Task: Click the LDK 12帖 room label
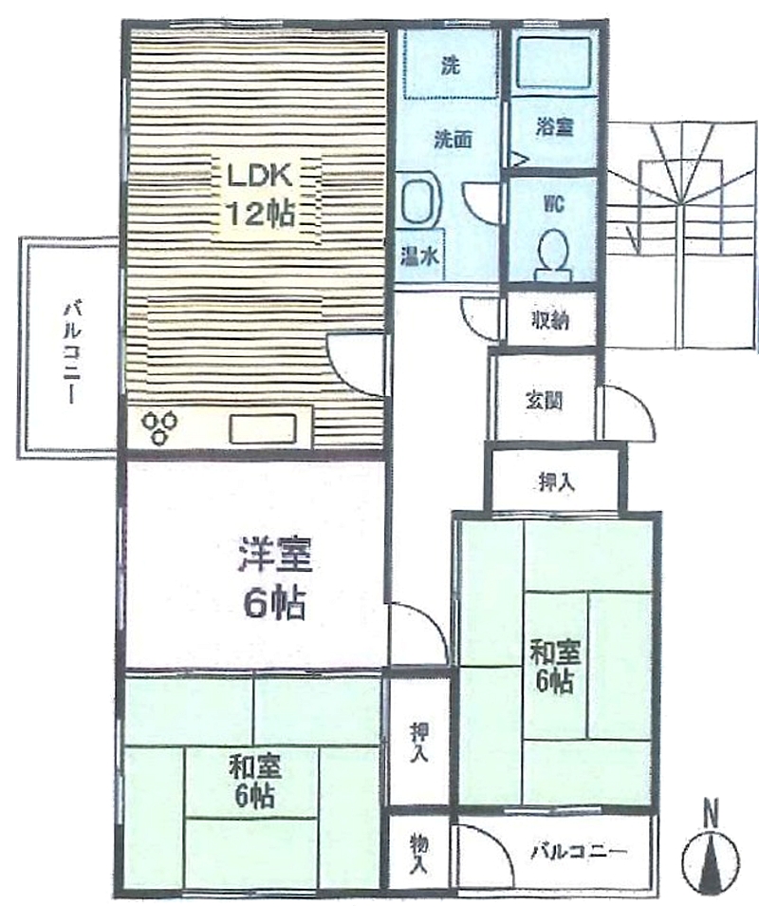[261, 195]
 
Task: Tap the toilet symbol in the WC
[553, 254]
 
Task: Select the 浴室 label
[554, 126]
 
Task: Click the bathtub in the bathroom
[553, 62]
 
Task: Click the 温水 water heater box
[420, 255]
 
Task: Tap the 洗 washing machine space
[450, 64]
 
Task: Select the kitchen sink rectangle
[263, 429]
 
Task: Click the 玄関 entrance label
[544, 400]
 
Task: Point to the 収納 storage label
[550, 320]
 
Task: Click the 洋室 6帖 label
[274, 578]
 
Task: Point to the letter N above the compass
[711, 813]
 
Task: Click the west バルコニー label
[71, 350]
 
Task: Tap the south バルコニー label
[578, 851]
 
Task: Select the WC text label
[553, 204]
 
